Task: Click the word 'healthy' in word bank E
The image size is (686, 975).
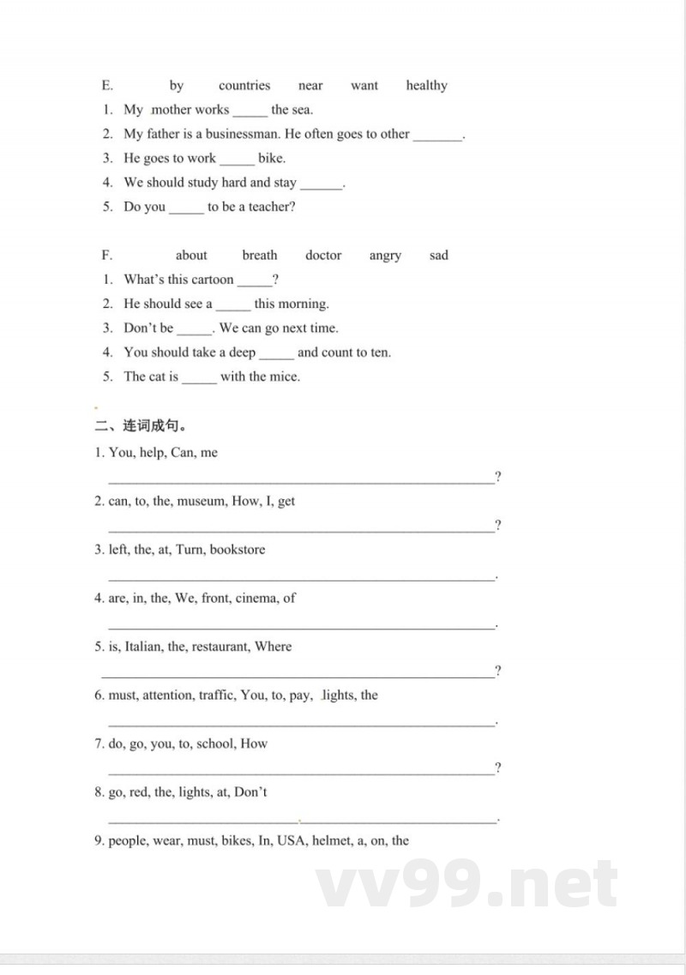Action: pos(426,86)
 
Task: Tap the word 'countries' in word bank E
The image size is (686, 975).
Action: pos(244,86)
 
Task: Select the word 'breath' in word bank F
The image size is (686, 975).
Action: pos(260,256)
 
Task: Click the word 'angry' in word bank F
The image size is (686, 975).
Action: pos(385,256)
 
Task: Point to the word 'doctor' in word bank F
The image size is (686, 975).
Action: pos(323,256)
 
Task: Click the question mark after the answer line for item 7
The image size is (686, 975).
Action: pos(498,767)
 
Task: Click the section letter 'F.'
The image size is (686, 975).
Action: pos(107,256)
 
